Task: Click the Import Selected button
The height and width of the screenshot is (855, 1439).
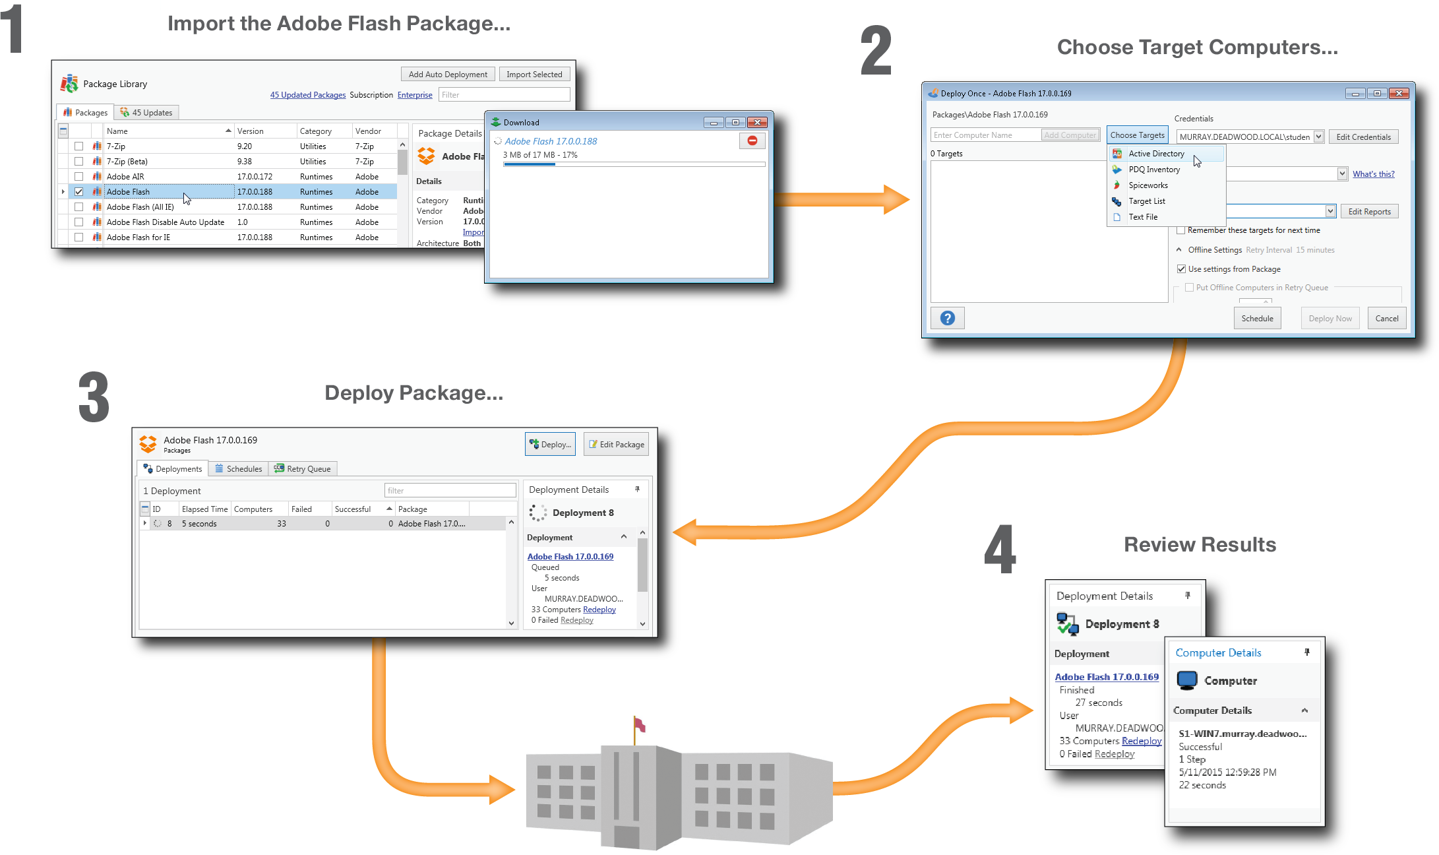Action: tap(534, 75)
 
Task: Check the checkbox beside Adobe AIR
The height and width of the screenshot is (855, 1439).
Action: tap(79, 177)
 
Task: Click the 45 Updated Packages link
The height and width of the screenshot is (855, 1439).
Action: tap(307, 95)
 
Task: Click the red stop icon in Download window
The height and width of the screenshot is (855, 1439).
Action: tap(752, 141)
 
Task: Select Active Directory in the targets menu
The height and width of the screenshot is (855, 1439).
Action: tap(1156, 154)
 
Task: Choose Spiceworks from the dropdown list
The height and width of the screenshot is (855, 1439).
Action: tap(1148, 185)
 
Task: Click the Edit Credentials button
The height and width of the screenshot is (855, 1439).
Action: tap(1363, 137)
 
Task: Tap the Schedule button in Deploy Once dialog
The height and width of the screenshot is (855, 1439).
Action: tap(1257, 319)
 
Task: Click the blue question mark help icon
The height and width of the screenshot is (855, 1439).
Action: tap(947, 319)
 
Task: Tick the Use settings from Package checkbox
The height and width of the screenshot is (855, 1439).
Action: tap(1181, 269)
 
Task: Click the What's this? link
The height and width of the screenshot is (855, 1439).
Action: tap(1373, 174)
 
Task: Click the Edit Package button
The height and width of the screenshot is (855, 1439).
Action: tap(616, 445)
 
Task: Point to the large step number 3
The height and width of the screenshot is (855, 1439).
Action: tap(94, 397)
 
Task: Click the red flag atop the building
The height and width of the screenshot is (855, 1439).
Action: tap(639, 725)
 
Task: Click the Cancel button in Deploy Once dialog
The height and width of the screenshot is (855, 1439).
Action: tap(1386, 319)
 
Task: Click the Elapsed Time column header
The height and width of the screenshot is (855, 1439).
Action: tap(204, 509)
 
